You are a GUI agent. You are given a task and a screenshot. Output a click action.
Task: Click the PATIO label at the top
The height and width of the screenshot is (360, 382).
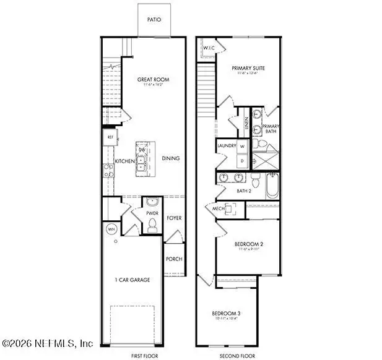[154, 20]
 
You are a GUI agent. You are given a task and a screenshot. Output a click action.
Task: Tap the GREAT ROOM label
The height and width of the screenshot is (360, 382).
[153, 80]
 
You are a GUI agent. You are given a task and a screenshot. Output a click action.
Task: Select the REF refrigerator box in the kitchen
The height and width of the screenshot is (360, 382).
[110, 137]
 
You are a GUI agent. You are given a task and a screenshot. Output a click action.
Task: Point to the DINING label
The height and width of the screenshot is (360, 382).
[171, 158]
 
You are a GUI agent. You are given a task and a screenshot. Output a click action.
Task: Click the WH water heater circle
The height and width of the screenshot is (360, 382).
[112, 229]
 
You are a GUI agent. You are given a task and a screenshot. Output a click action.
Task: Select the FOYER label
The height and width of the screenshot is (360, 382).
[173, 218]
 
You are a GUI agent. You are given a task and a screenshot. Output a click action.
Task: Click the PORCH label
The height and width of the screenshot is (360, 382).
[174, 259]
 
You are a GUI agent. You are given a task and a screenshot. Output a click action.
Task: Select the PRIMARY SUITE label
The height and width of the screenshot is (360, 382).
[248, 68]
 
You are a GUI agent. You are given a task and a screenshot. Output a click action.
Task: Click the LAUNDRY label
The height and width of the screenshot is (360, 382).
[227, 146]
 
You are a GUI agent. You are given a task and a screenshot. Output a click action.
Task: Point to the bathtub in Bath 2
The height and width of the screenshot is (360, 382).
[272, 185]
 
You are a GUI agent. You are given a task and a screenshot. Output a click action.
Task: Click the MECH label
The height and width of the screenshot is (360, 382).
[218, 209]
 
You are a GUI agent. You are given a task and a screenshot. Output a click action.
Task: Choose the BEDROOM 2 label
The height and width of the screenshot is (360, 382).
[248, 244]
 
